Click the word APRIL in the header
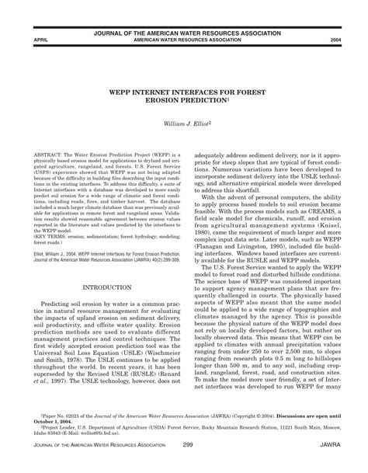tap(33, 38)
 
